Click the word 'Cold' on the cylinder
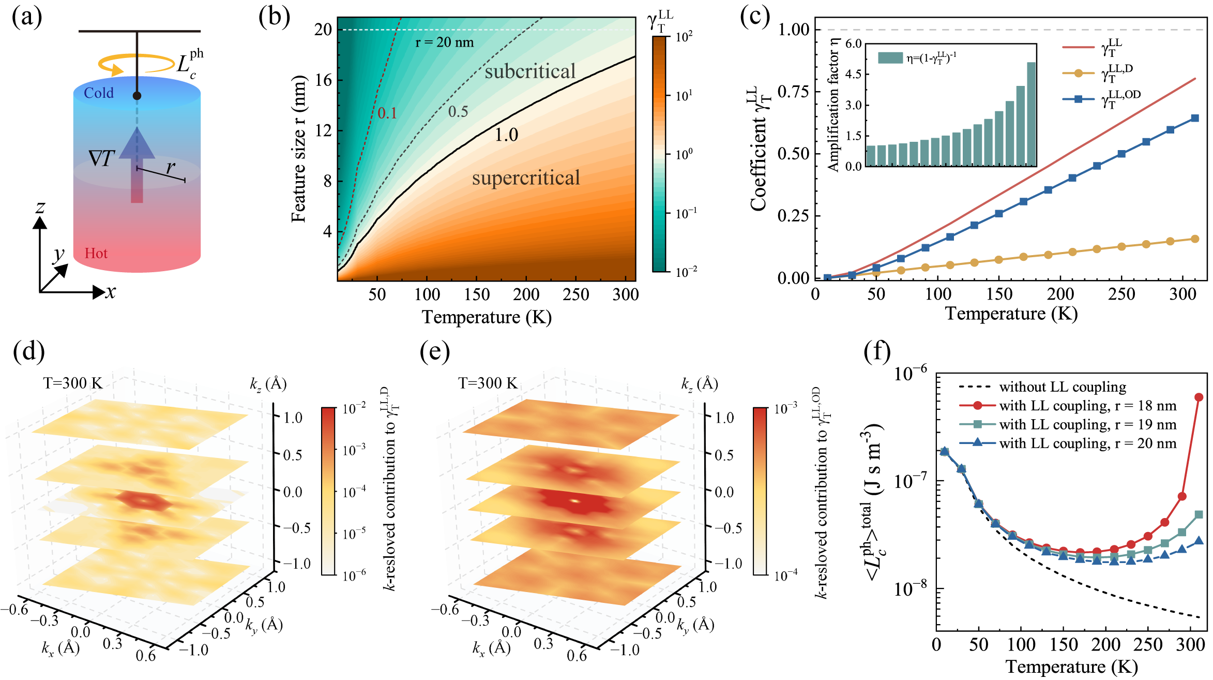98,93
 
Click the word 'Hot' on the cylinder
96,254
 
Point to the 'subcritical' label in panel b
530,71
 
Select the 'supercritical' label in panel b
526,178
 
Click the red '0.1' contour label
387,113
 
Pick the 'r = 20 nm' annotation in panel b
445,42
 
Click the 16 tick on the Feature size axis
324,80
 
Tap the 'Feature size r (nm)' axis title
299,149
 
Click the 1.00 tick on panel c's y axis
794,29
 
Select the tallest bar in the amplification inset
1031,114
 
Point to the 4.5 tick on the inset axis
853,74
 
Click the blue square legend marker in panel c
1079,99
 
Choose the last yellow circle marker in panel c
1195,239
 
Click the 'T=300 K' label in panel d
73,383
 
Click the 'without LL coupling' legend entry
1063,387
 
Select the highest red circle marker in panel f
1199,397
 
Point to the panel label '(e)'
435,352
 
